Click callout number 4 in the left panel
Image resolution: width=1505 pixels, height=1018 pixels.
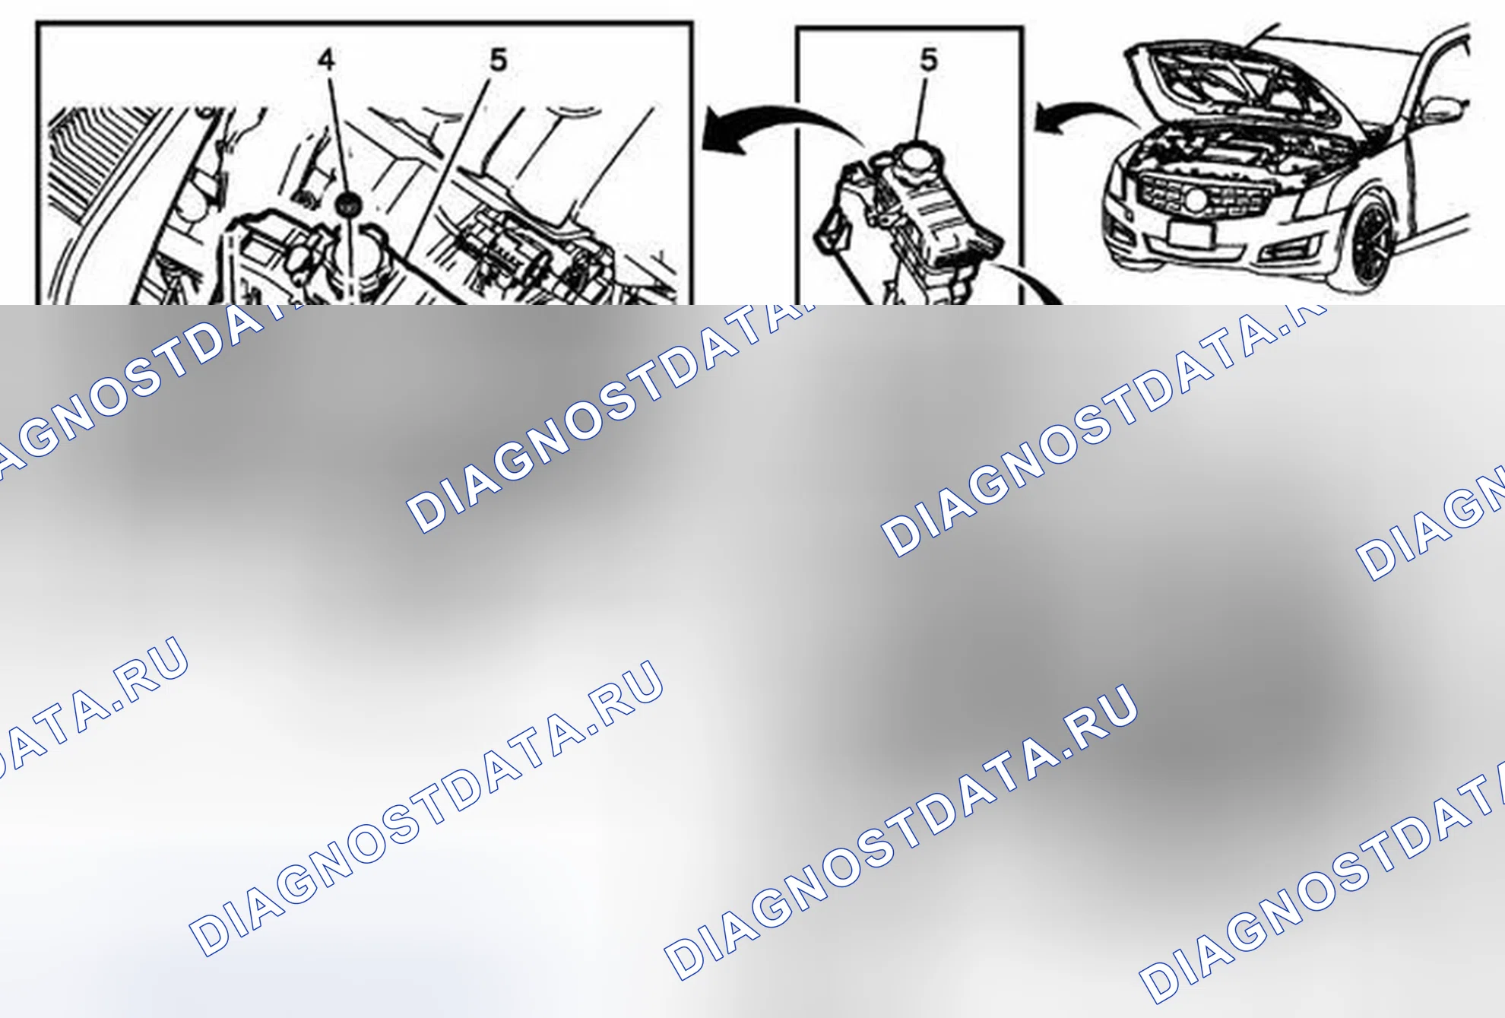point(327,59)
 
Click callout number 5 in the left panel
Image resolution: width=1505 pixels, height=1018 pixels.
point(498,60)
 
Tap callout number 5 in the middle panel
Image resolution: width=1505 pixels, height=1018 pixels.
point(929,60)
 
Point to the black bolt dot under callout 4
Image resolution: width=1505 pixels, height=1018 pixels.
point(348,204)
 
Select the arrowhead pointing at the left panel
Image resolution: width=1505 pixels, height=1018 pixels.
point(722,131)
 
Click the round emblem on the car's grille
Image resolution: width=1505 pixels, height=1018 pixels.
point(1196,200)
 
